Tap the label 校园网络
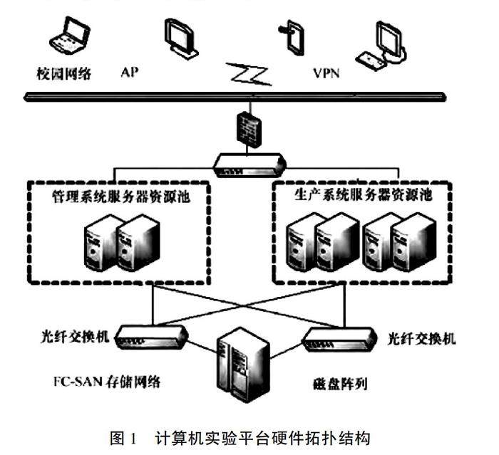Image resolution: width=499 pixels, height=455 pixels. pyautogui.click(x=64, y=73)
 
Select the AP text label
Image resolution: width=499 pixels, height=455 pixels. pyautogui.click(x=130, y=73)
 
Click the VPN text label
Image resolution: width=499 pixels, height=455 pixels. pyautogui.click(x=326, y=73)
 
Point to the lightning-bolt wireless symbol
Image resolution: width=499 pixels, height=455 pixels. pyautogui.click(x=249, y=74)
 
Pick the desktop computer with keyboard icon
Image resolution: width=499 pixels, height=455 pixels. pyautogui.click(x=381, y=46)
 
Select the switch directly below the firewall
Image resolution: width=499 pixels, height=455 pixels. pyautogui.click(x=249, y=165)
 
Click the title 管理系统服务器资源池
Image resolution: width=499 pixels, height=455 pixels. pyautogui.click(x=121, y=197)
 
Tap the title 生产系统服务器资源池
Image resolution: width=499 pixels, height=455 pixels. pyautogui.click(x=363, y=194)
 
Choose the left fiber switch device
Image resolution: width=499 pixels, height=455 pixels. pyautogui.click(x=151, y=337)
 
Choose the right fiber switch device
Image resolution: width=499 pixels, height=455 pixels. pyautogui.click(x=339, y=339)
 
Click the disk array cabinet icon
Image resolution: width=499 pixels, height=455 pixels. pyautogui.click(x=244, y=365)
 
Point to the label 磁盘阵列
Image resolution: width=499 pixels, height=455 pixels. pyautogui.click(x=340, y=384)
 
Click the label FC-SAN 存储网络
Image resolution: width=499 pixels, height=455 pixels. pyautogui.click(x=107, y=382)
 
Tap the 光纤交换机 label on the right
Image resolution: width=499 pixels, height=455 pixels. pyautogui.click(x=421, y=339)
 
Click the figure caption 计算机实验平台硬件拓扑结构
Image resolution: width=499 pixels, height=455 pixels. pyautogui.click(x=262, y=438)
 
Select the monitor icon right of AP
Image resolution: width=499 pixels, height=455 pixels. pyautogui.click(x=181, y=38)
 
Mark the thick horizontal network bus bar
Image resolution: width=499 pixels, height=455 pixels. pyautogui.click(x=235, y=97)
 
